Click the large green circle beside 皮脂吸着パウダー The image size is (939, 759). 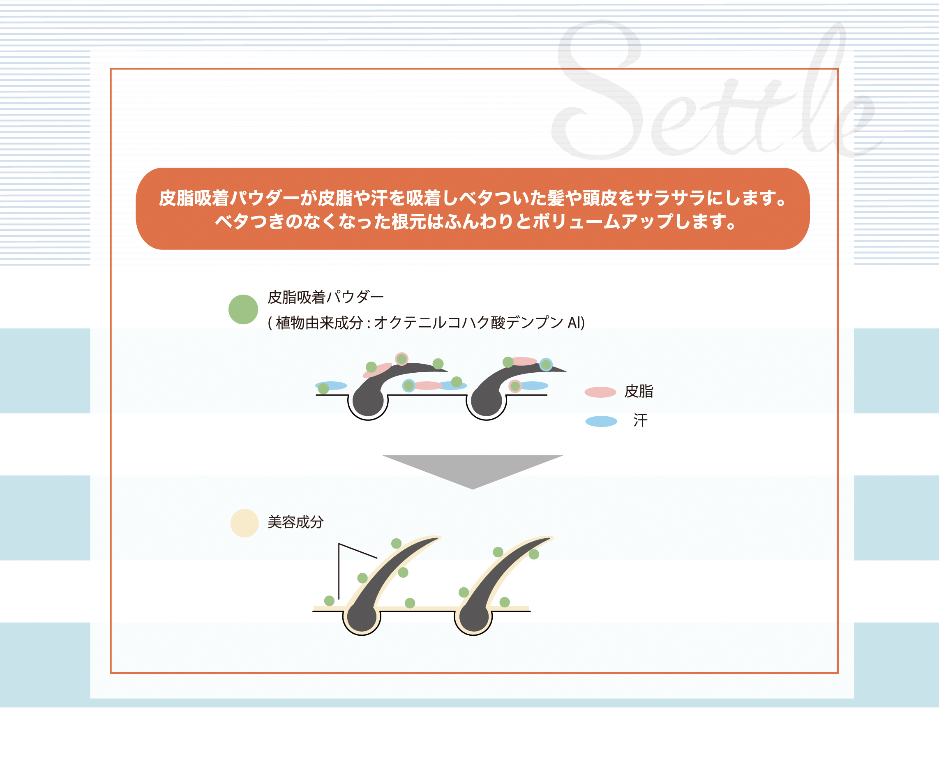(243, 309)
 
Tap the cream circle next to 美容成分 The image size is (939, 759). (245, 523)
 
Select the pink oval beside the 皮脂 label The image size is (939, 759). (600, 392)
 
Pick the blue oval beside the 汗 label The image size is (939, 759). (601, 421)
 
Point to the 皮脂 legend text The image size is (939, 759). (639, 391)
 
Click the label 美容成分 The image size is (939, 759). (295, 522)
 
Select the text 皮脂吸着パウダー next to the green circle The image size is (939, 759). (326, 297)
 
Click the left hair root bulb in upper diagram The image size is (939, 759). (368, 401)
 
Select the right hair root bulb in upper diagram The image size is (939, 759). (487, 401)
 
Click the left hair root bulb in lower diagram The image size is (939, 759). (362, 617)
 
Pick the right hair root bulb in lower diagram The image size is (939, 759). (474, 617)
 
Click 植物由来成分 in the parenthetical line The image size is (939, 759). (319, 323)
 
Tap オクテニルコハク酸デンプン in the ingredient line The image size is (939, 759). (468, 323)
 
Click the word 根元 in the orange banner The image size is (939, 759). (409, 221)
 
